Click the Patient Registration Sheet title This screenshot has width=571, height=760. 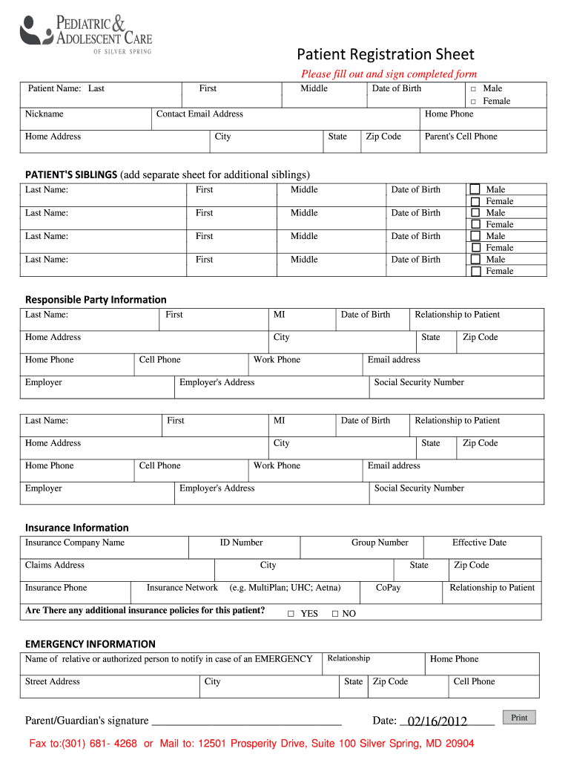coord(386,54)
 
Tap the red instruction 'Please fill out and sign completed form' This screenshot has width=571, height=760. coord(389,74)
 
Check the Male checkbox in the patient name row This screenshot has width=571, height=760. coord(473,89)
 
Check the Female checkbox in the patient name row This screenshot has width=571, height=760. coord(473,102)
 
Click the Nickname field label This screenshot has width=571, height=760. coord(44,114)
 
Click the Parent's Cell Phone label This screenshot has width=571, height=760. coord(461,137)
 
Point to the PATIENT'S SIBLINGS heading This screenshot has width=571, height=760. coord(71,174)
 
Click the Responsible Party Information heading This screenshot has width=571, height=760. coord(96,300)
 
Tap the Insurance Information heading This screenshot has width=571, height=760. coord(77,528)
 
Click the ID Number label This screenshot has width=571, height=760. coord(241,543)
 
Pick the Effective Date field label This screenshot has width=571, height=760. coord(479,543)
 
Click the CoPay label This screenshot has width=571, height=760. coord(388,588)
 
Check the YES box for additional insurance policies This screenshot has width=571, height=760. coord(291,614)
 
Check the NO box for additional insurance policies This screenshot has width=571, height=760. coord(334,614)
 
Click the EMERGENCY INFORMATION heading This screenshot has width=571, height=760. coord(90,643)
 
